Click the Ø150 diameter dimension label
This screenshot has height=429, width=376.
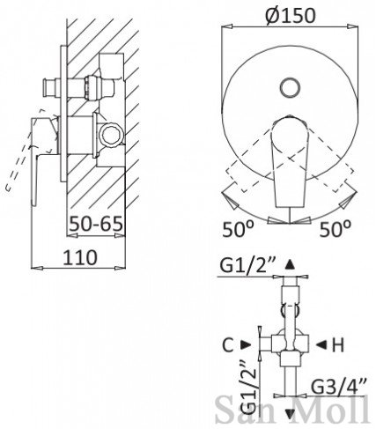pyautogui.click(x=290, y=15)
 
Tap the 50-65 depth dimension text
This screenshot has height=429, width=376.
pyautogui.click(x=96, y=224)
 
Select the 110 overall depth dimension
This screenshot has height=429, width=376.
pyautogui.click(x=80, y=257)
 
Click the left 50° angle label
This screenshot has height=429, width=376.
pyautogui.click(x=238, y=229)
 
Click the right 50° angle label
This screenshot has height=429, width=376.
pyautogui.click(x=335, y=229)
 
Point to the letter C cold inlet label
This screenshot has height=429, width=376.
pyautogui.click(x=228, y=345)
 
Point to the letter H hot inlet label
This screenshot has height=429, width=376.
pyautogui.click(x=337, y=345)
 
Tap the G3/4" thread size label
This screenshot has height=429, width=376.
pyautogui.click(x=338, y=387)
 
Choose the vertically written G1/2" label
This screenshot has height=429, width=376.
pyautogui.click(x=248, y=388)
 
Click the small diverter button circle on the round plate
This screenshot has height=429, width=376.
pyautogui.click(x=290, y=87)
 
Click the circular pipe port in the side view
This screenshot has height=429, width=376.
pyautogui.click(x=111, y=134)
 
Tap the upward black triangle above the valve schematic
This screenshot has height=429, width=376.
pyautogui.click(x=290, y=264)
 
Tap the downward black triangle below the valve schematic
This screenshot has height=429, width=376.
pyautogui.click(x=290, y=414)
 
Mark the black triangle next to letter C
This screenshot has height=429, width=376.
pyautogui.click(x=246, y=345)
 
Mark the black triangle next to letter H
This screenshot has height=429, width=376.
pyautogui.click(x=321, y=345)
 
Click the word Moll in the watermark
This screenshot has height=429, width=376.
pyautogui.click(x=331, y=409)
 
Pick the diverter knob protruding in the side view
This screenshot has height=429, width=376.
pyautogui.click(x=50, y=87)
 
